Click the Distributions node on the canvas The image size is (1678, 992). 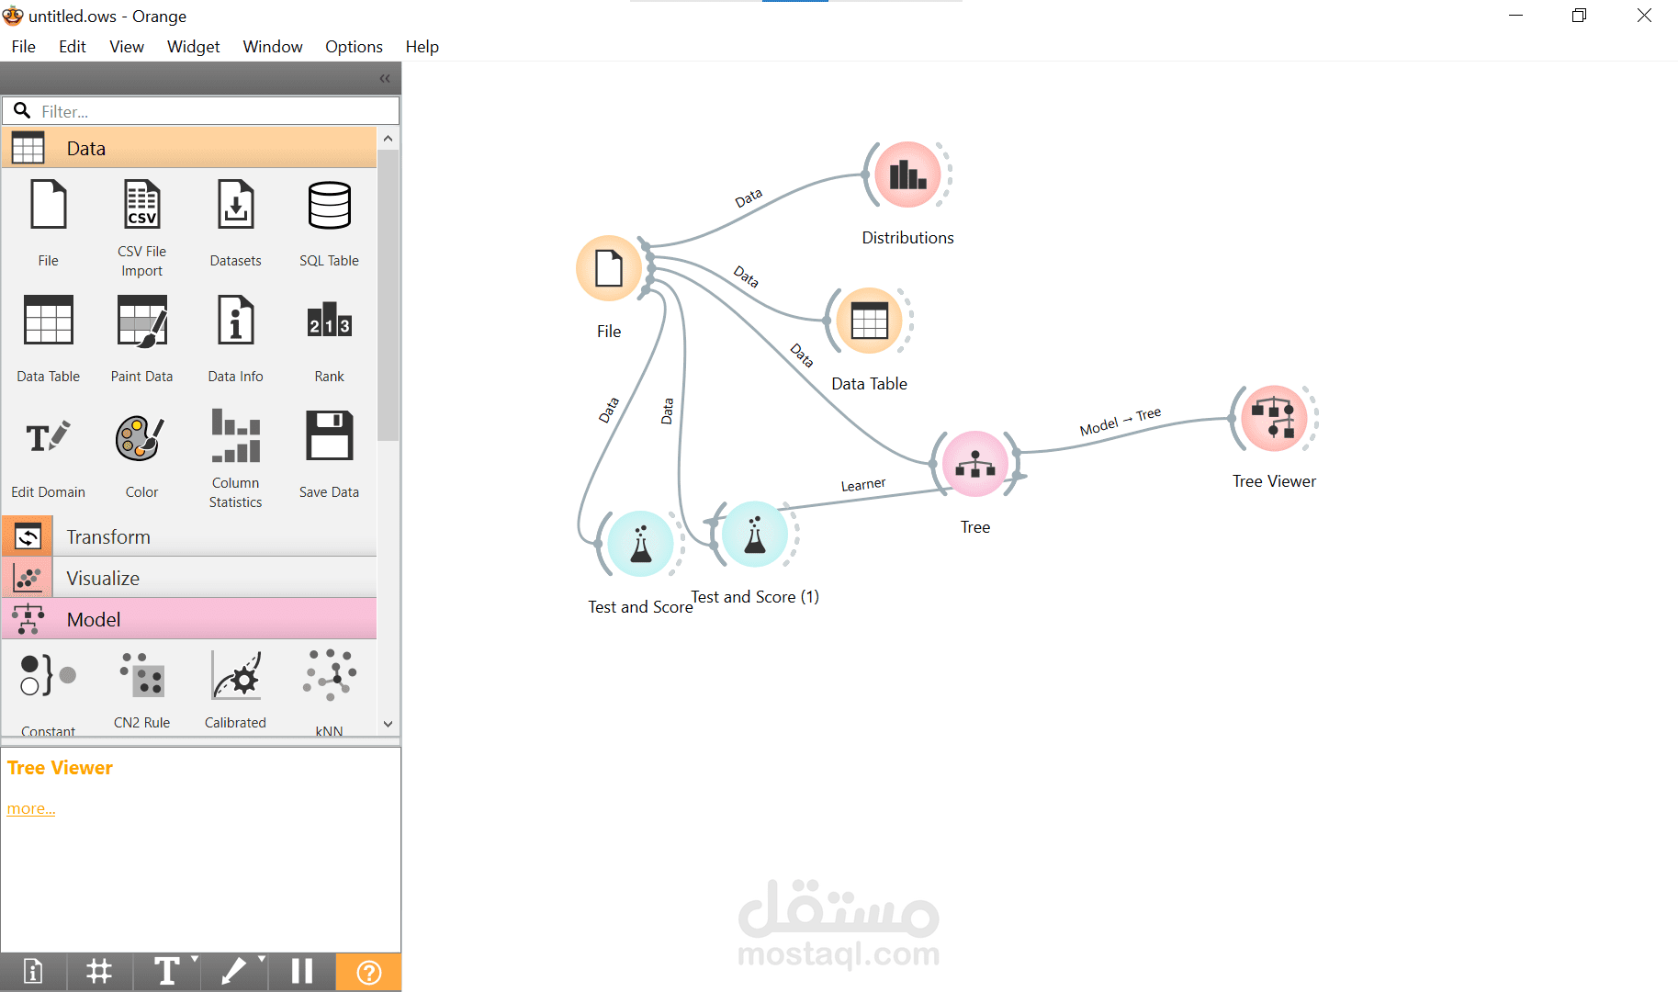pyautogui.click(x=907, y=175)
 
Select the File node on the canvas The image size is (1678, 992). pyautogui.click(x=609, y=268)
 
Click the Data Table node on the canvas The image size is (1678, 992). pyautogui.click(x=869, y=321)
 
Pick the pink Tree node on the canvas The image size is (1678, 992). pyautogui.click(x=975, y=464)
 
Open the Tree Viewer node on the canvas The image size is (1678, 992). pyautogui.click(x=1274, y=419)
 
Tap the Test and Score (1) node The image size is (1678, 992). pyautogui.click(x=755, y=534)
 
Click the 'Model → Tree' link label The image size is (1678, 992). pyautogui.click(x=1121, y=421)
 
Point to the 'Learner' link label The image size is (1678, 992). pyautogui.click(x=863, y=484)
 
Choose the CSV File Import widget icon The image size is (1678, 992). pyautogui.click(x=142, y=204)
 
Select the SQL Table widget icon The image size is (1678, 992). pyautogui.click(x=330, y=204)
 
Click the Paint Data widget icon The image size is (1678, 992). pyautogui.click(x=142, y=321)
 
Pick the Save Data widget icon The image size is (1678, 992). pyautogui.click(x=330, y=435)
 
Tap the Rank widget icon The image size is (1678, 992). pyautogui.click(x=330, y=320)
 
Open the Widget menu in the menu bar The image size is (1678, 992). pyautogui.click(x=193, y=47)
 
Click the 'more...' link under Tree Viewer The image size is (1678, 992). pyautogui.click(x=31, y=808)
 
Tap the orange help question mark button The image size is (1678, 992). pyautogui.click(x=368, y=972)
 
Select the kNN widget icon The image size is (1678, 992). pyautogui.click(x=330, y=675)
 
